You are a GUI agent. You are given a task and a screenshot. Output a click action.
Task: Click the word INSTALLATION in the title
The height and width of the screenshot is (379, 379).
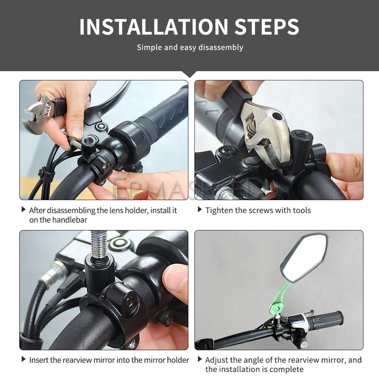click(x=153, y=27)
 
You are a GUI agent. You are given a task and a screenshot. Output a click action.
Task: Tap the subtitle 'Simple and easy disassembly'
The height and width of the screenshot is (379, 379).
click(x=189, y=47)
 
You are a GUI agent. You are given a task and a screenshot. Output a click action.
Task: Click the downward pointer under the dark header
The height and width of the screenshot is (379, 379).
click(x=189, y=74)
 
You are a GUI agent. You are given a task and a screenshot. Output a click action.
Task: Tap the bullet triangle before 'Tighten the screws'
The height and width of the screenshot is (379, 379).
click(x=200, y=210)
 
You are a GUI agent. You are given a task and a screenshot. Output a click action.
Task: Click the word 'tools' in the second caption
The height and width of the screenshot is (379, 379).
click(x=301, y=210)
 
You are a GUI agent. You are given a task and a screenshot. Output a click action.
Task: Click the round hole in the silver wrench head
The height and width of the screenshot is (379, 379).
click(x=277, y=116)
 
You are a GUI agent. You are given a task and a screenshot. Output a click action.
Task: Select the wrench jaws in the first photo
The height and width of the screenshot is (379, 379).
click(x=36, y=114)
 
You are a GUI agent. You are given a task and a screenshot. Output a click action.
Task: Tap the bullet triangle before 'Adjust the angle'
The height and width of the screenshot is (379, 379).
click(x=200, y=359)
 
